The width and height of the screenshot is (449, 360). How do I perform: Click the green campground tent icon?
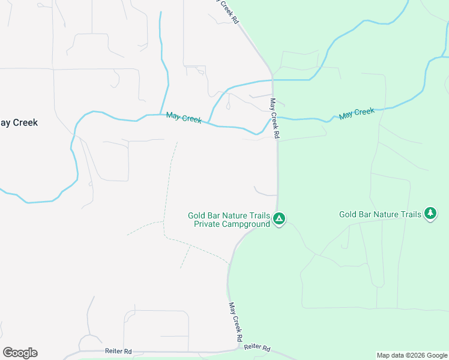(x=279, y=218)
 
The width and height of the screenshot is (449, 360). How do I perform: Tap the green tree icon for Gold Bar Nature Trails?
(x=430, y=213)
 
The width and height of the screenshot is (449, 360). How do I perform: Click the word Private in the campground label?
(x=208, y=224)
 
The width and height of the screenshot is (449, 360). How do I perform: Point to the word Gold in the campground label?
(x=197, y=215)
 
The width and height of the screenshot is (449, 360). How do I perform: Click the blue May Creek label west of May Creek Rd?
(x=184, y=118)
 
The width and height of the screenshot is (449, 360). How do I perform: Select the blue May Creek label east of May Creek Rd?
(x=357, y=113)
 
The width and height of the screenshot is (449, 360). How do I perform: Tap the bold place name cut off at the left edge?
(x=19, y=122)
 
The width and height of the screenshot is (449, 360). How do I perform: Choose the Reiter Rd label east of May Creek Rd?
(x=258, y=348)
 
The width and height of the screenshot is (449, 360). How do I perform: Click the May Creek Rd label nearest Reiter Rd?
(x=235, y=318)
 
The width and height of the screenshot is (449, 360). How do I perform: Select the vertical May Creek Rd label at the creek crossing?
(x=275, y=119)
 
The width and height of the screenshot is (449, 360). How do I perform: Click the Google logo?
(x=20, y=353)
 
